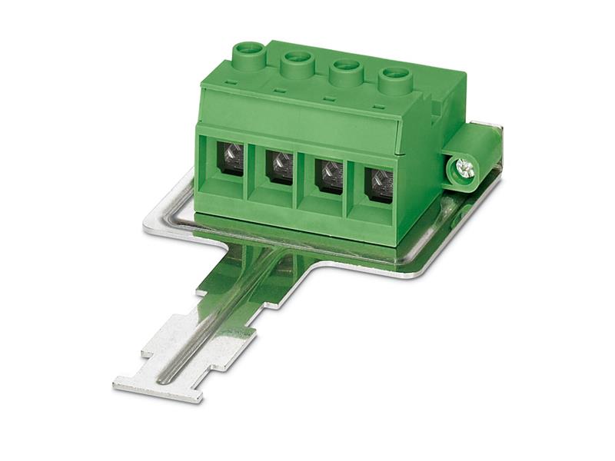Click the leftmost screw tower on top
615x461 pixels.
coord(248,54)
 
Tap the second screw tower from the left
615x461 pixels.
coord(296,61)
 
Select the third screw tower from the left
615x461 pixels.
coord(345,71)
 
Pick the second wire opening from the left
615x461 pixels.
coord(278,165)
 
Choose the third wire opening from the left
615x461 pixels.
coord(329,174)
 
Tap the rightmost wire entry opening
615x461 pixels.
coord(379,183)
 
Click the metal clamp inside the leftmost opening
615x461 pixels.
coord(230,161)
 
